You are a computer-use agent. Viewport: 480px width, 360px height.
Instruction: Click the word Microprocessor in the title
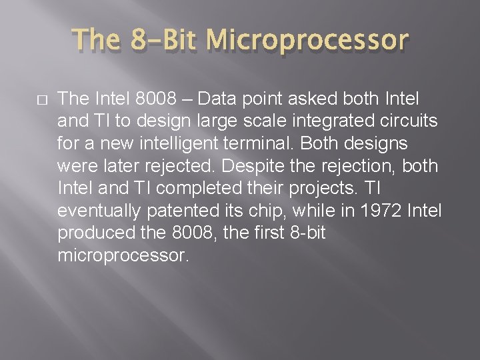[307, 40]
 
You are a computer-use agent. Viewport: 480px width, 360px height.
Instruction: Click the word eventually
[100, 211]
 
